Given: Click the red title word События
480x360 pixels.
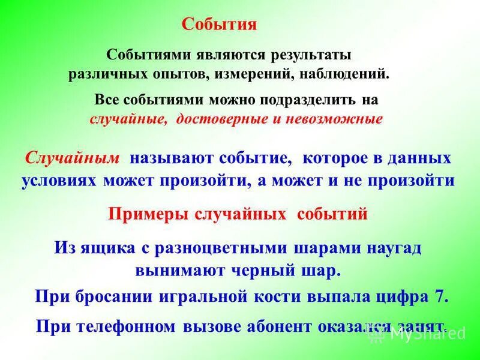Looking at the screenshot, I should tap(219, 25).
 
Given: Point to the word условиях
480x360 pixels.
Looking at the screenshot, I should tap(60, 181).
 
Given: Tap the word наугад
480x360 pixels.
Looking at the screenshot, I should tap(388, 247).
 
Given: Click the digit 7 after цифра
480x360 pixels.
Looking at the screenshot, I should tap(440, 296).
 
